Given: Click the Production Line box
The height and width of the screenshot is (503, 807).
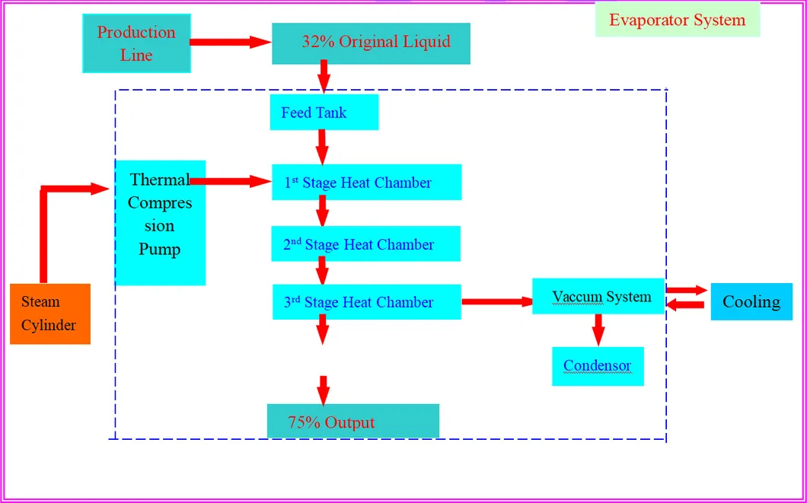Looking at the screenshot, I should pos(136,43).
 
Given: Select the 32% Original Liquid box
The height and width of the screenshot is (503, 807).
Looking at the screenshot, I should pos(371,43).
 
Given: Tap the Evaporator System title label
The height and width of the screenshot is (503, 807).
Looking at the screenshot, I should pos(677,20).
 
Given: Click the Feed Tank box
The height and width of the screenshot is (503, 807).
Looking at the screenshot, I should pos(324,113).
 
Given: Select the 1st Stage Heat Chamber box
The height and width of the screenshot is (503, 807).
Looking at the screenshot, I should pos(366,183).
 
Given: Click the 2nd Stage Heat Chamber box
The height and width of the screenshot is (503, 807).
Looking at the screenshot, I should pos(365,244).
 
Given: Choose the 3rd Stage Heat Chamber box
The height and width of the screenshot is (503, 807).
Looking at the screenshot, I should pos(366,302).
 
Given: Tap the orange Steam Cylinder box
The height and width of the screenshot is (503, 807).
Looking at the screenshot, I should pos(50,314).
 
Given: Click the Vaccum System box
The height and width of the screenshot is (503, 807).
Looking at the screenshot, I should pos(598,296).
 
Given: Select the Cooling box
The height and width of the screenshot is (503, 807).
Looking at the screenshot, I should pos(751,301).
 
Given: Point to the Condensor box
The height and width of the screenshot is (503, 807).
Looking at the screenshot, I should pos(598,366).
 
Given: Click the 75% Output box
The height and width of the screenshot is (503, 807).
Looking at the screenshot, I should pos(352,422).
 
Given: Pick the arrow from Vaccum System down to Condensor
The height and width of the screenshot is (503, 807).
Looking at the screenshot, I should pos(598,329).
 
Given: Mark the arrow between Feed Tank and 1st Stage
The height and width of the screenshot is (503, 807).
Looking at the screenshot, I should pos(322,145).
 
